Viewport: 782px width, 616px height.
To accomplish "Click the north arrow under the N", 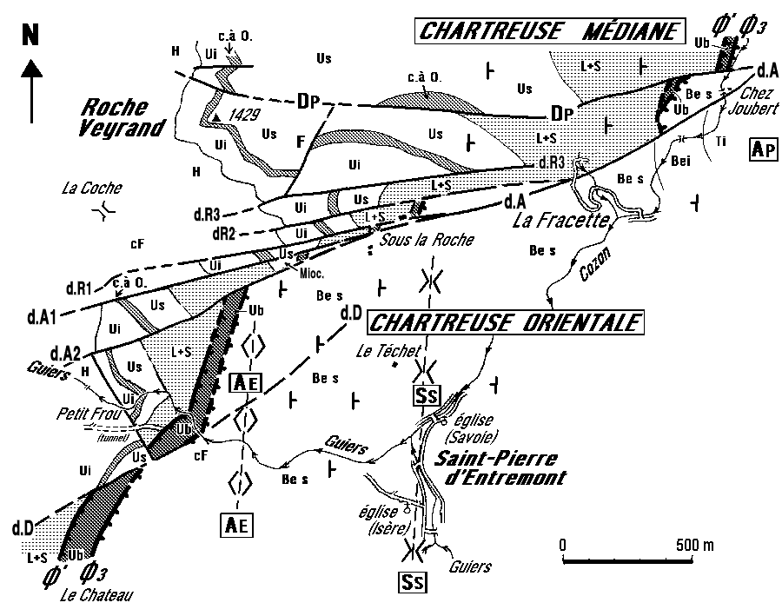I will [33, 87].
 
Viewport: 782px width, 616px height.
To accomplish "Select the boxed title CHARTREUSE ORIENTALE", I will [506, 323].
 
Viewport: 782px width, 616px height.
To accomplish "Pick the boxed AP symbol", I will [761, 149].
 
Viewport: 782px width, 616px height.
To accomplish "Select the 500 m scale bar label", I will [695, 545].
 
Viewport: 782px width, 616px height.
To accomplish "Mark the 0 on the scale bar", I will [563, 545].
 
